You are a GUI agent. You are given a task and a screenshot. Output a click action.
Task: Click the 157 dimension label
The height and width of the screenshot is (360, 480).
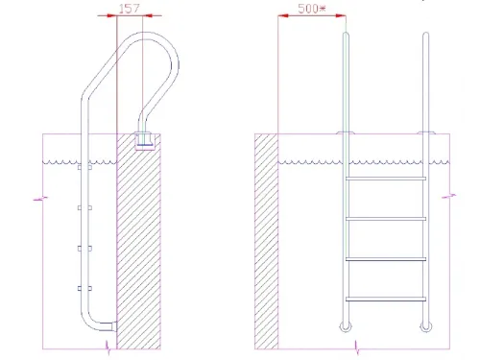click(130, 9)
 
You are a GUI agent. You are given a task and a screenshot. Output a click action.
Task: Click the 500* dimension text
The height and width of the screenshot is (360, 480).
click(312, 9)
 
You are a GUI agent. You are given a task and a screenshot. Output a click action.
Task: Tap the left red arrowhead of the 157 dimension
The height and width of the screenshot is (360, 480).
click(111, 15)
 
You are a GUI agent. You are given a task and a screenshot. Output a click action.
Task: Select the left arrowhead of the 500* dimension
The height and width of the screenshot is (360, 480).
click(283, 15)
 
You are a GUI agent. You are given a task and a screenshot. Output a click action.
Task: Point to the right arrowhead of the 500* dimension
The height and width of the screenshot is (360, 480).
click(341, 15)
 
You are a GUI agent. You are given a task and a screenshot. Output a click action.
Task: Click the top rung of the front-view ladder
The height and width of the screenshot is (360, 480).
click(386, 179)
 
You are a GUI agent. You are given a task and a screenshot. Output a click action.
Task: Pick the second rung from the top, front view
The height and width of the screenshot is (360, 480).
click(386, 219)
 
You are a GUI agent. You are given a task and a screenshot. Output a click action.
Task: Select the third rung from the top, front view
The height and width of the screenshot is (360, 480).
click(386, 259)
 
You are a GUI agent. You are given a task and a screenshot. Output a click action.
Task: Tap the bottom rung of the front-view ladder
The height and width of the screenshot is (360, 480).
click(386, 300)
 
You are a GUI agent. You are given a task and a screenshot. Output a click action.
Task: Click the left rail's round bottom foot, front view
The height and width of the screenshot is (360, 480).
click(346, 330)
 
